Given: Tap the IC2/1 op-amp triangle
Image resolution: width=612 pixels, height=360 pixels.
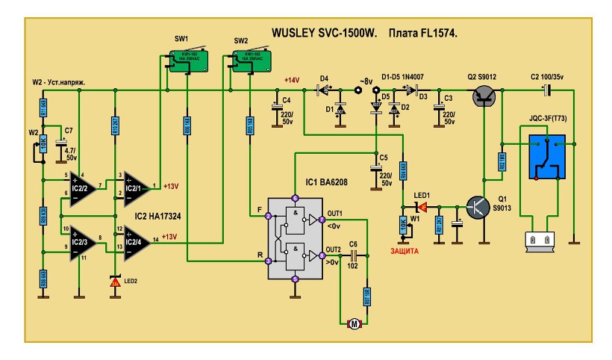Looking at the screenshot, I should click(x=137, y=185).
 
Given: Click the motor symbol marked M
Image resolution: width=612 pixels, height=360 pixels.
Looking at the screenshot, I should click(x=355, y=323).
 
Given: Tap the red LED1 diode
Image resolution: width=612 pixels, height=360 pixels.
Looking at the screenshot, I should click(x=422, y=206).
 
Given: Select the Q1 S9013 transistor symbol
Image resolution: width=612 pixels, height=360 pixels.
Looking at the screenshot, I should click(x=477, y=207).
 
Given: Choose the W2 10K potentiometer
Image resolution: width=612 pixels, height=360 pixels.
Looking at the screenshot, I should click(x=43, y=145).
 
